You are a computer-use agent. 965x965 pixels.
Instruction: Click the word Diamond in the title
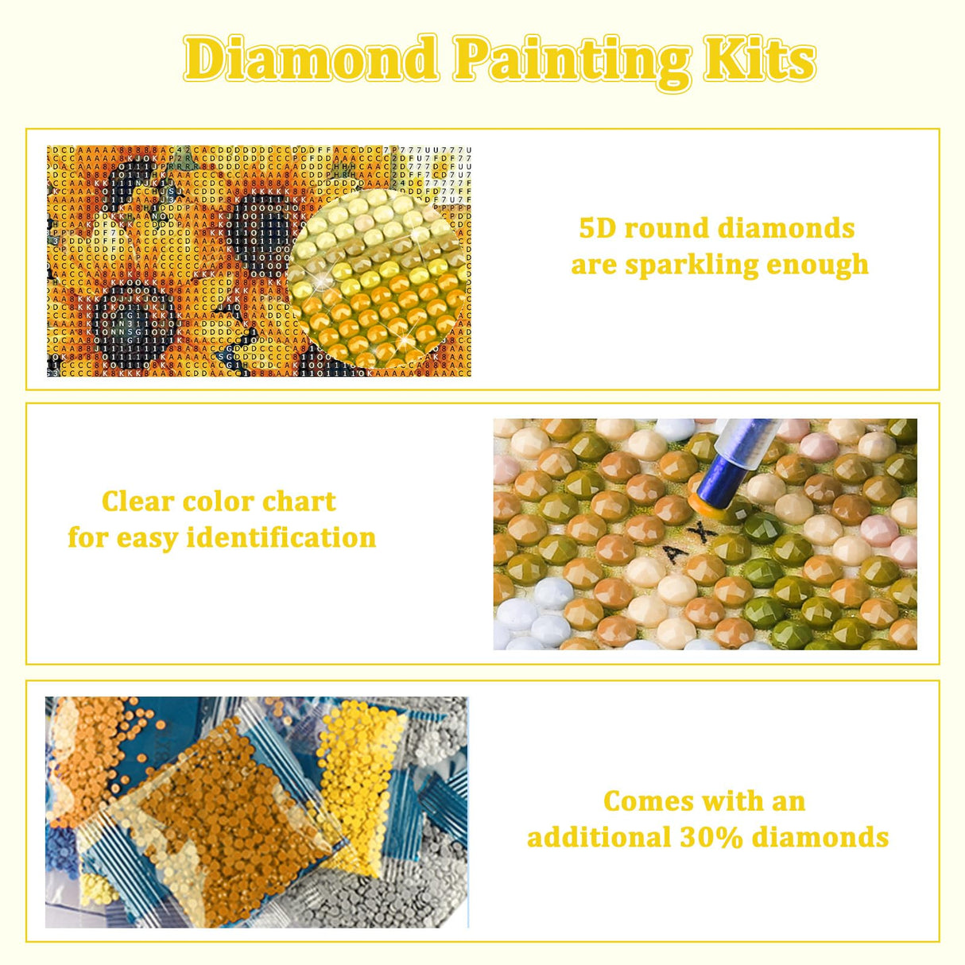tap(311, 59)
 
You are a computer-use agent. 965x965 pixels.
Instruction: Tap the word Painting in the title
tap(572, 60)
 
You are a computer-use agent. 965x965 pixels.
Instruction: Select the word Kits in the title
tap(760, 59)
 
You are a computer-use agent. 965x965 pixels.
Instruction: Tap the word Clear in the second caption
tap(137, 502)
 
